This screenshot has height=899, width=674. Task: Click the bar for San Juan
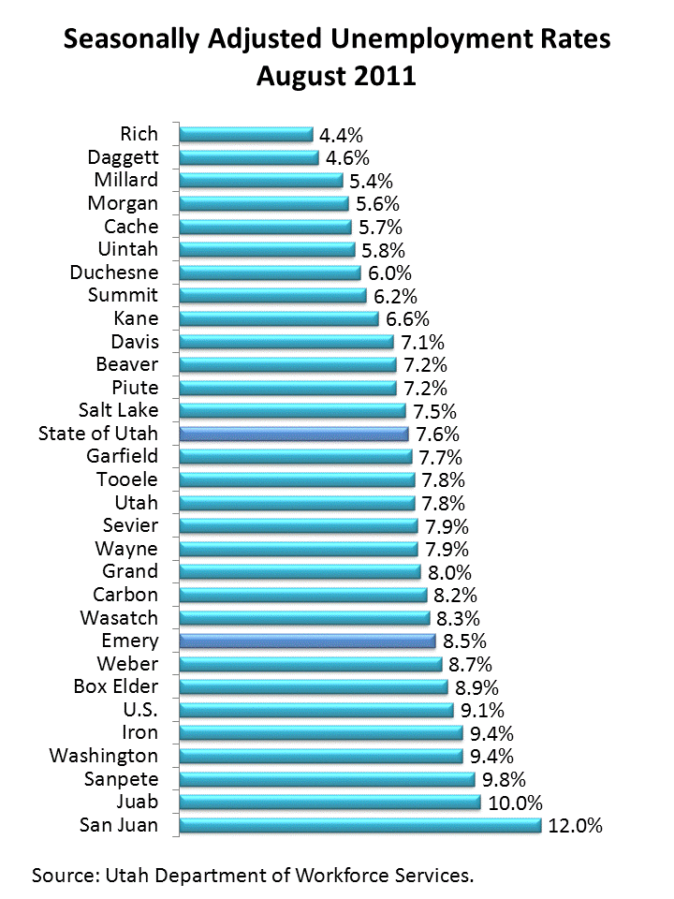[359, 825]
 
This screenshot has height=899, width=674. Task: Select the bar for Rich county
[245, 134]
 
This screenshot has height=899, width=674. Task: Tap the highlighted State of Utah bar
[294, 434]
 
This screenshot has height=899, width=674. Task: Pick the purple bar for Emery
[307, 641]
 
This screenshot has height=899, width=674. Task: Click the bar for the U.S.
[315, 710]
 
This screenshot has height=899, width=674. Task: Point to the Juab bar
[329, 803]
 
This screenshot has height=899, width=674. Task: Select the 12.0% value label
[576, 826]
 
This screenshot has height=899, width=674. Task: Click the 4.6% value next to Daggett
[348, 157]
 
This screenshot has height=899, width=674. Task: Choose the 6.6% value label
[407, 318]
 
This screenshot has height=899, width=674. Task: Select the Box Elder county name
[115, 686]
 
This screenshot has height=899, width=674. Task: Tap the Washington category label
[104, 756]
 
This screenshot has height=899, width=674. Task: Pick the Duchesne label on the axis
[114, 273]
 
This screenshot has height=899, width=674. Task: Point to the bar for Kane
[278, 318]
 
